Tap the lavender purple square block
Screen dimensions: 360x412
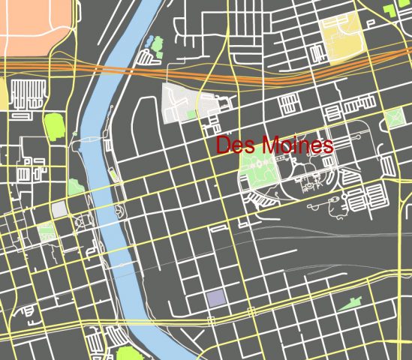pyautogui.click(x=215, y=298)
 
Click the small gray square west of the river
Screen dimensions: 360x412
pyautogui.click(x=59, y=209)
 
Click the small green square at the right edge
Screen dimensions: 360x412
pyautogui.click(x=393, y=118)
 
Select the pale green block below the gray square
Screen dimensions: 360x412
pyautogui.click(x=47, y=232)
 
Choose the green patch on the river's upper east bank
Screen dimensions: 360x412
pyautogui.click(x=157, y=43)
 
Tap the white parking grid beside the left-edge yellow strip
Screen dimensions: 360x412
pyautogui.click(x=28, y=93)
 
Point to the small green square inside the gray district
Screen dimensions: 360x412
pyautogui.click(x=191, y=114)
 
